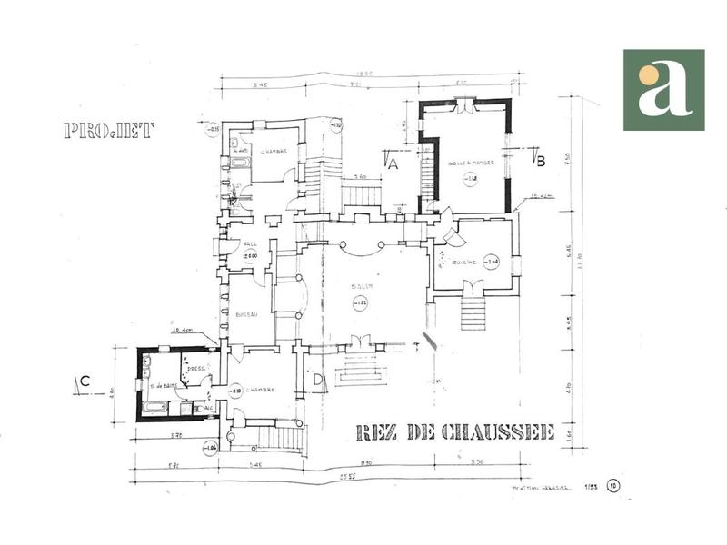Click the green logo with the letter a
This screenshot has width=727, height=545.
663,90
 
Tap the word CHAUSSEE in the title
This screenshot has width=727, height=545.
497,432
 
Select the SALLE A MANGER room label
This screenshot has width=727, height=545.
470,164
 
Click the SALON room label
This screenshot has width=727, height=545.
361,288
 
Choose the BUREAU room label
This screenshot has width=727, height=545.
246,314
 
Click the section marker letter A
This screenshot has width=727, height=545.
393,163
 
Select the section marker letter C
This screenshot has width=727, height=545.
84,382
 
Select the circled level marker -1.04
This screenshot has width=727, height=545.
211,448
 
